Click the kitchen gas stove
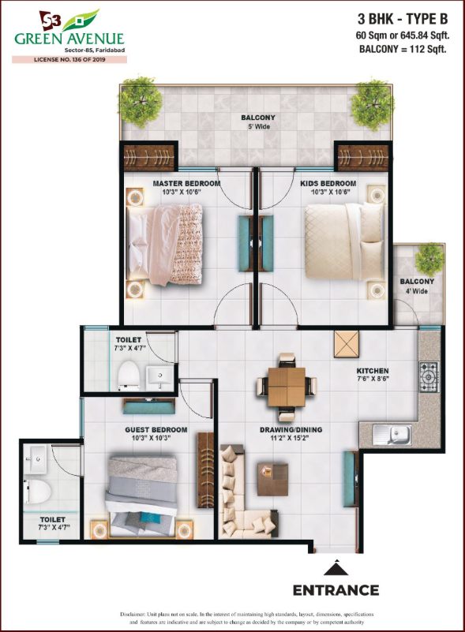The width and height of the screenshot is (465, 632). [x=429, y=377]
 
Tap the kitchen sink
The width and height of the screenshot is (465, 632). [x=392, y=435]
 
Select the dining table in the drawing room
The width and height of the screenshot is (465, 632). [x=287, y=387]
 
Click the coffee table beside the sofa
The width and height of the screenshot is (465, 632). [x=272, y=480]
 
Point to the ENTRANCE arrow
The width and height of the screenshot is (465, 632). [x=336, y=568]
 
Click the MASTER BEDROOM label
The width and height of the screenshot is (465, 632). [x=186, y=184]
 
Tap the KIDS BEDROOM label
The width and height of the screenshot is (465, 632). [x=328, y=183]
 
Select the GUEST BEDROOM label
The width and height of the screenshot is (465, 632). [x=156, y=430]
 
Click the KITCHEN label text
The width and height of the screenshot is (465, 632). [x=373, y=370]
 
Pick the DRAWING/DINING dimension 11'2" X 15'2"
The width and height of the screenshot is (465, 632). [x=291, y=438]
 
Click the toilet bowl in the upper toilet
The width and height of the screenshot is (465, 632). [x=129, y=376]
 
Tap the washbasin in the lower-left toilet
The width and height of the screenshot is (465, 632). [x=36, y=458]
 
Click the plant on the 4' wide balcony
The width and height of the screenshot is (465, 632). [x=429, y=260]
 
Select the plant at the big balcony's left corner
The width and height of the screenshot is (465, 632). [x=140, y=102]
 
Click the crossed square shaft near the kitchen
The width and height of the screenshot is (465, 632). [x=346, y=344]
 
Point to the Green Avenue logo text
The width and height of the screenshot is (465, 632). [x=69, y=39]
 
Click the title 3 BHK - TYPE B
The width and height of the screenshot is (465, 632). [x=403, y=19]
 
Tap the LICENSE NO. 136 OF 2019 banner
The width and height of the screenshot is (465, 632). [x=69, y=60]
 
